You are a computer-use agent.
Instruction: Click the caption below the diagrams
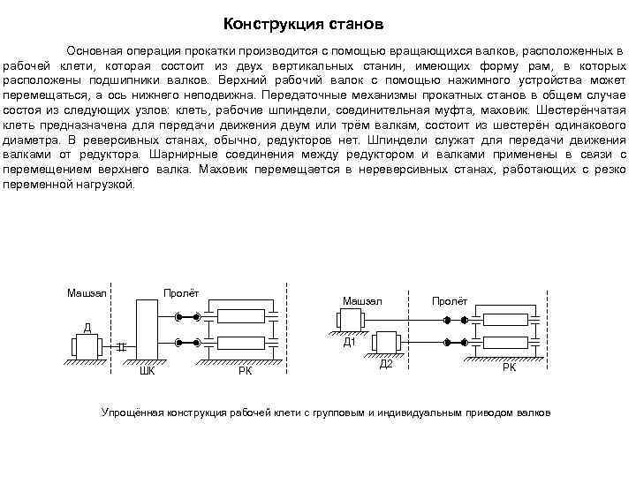click(x=326, y=413)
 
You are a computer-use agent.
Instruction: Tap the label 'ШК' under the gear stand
click(x=147, y=371)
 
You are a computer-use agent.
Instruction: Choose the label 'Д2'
click(x=385, y=364)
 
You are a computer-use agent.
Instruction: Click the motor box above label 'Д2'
click(x=386, y=343)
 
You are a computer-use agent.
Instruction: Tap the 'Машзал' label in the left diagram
click(x=87, y=292)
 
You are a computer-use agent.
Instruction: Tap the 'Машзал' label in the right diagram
click(x=361, y=301)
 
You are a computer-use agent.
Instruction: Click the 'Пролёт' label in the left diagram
click(x=181, y=292)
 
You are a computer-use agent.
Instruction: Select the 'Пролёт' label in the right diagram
click(x=449, y=301)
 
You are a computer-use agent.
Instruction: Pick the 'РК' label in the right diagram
click(x=509, y=366)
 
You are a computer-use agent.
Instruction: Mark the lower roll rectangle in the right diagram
click(x=510, y=341)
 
